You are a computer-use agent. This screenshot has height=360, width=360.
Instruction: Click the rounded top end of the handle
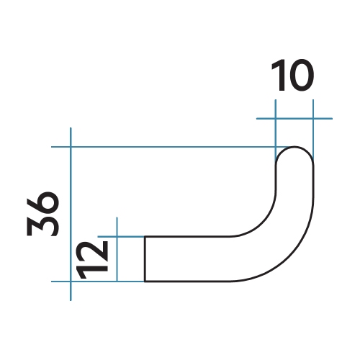(x=295, y=150)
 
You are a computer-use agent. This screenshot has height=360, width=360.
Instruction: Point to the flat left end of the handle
(x=146, y=258)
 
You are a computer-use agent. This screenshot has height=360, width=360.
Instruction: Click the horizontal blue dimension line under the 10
(x=295, y=118)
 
